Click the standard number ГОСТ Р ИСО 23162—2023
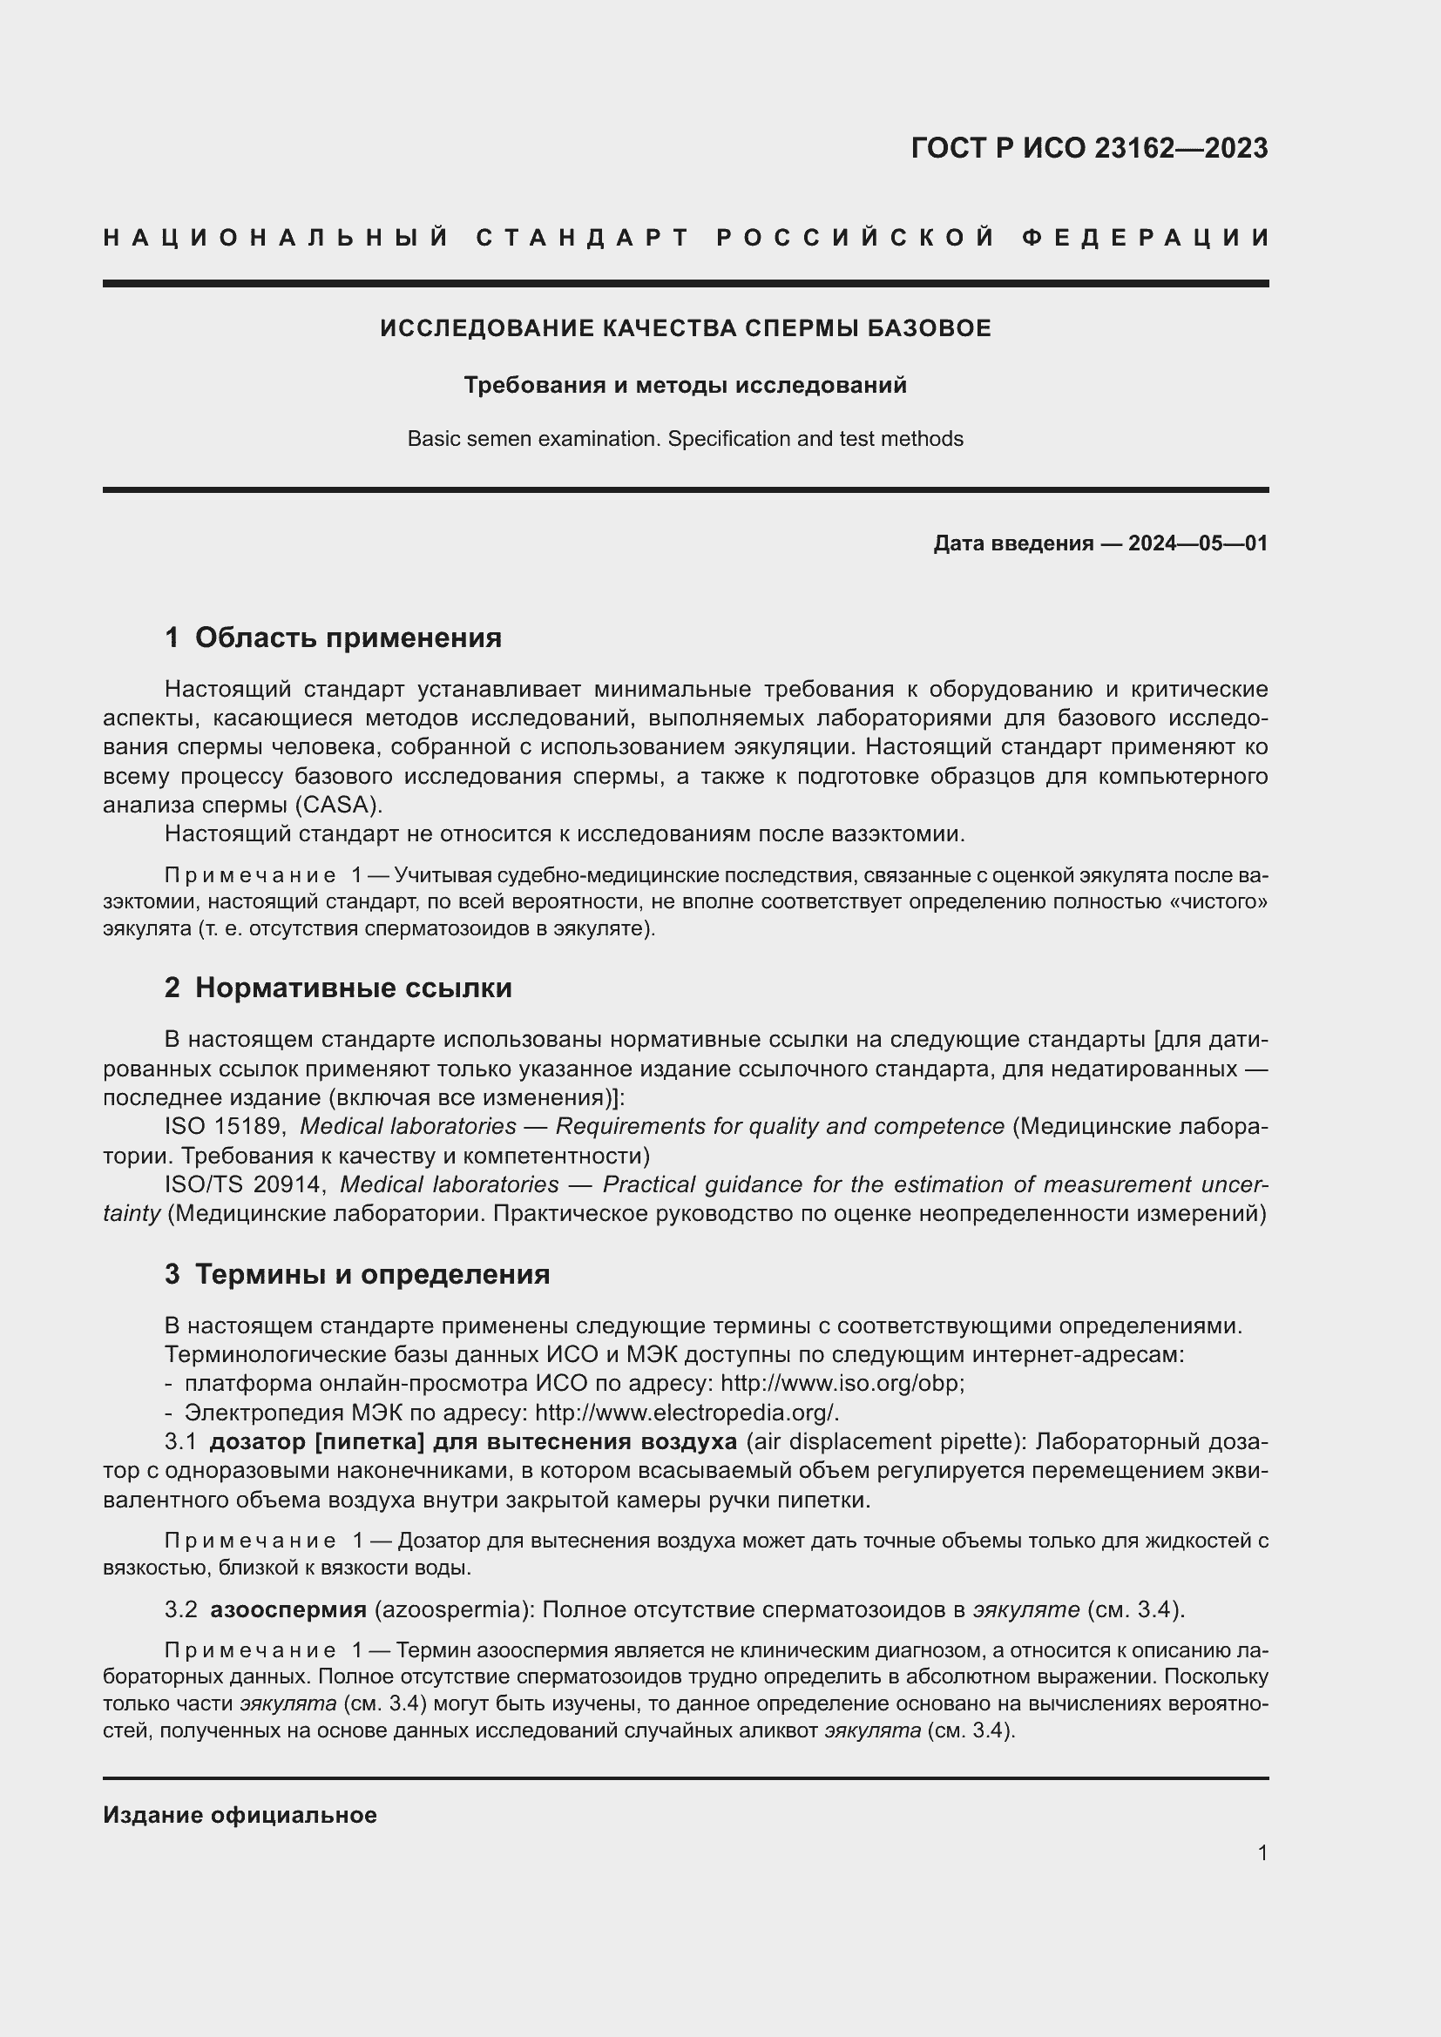coord(1089,148)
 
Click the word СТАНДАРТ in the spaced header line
coord(583,238)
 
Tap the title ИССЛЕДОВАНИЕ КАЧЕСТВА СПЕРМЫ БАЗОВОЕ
coord(685,328)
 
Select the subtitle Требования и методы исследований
coord(685,385)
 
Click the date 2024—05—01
coord(1198,543)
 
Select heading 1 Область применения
coord(333,637)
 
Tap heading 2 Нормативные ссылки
coord(338,988)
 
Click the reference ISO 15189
coord(225,1127)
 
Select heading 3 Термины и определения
coord(356,1274)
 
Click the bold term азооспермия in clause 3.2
coord(288,1609)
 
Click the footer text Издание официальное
coord(240,1815)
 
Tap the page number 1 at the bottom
coord(1262,1852)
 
